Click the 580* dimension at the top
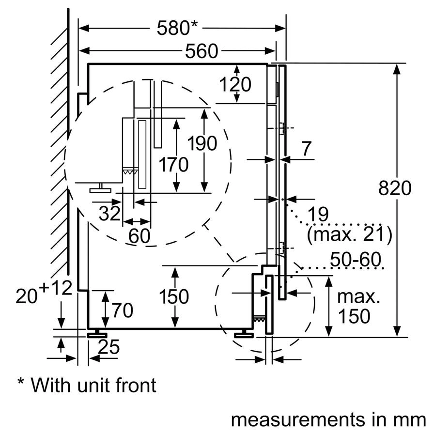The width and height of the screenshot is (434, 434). (x=177, y=28)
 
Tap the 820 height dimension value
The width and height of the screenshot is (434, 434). (x=394, y=188)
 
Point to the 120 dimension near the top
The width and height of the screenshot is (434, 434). (x=236, y=84)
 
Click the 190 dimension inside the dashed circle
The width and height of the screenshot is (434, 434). (x=202, y=143)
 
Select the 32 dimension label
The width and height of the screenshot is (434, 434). (x=109, y=213)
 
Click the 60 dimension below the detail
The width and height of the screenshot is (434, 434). (x=139, y=236)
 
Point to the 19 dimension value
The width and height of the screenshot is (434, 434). (x=317, y=214)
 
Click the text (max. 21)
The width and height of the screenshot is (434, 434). (x=349, y=234)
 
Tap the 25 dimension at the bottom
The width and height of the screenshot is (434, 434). (x=108, y=347)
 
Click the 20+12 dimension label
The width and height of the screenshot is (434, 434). (x=44, y=293)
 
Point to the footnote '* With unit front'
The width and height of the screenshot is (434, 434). (x=87, y=385)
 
